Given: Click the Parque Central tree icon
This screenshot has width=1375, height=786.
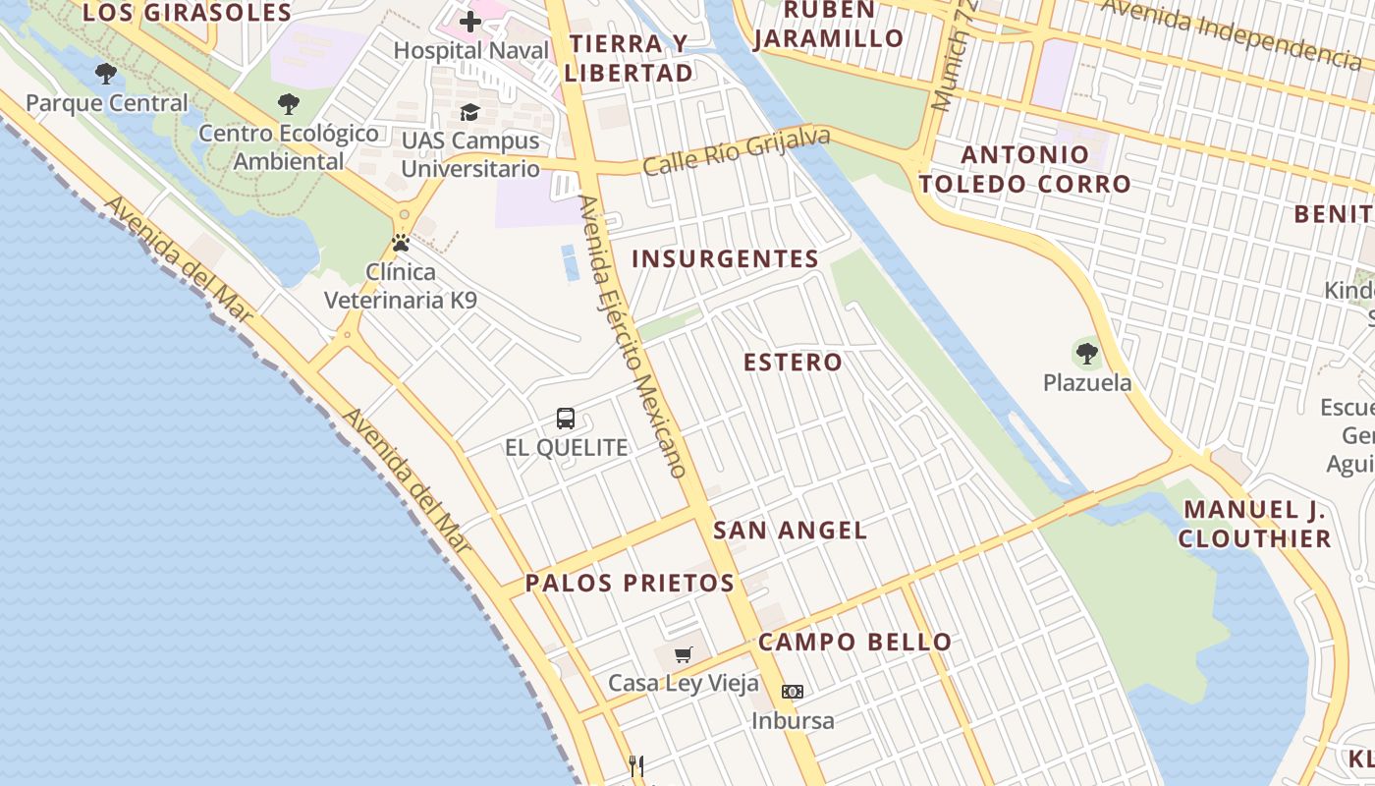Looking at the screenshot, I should [x=105, y=74].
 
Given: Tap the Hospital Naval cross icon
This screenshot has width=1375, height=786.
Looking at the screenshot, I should [x=470, y=21].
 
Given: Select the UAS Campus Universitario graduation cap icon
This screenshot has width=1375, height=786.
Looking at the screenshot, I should [x=470, y=112].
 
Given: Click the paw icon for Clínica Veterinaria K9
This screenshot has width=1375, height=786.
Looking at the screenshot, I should [x=401, y=243].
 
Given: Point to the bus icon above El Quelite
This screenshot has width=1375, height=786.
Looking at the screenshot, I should [x=566, y=419].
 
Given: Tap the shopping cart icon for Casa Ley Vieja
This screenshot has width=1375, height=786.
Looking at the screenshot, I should [x=684, y=654].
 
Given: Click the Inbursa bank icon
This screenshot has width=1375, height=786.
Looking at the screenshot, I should [x=793, y=692].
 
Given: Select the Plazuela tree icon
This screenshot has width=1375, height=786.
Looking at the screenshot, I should [x=1086, y=354].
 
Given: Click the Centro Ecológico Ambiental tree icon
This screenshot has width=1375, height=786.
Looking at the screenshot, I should [x=289, y=103].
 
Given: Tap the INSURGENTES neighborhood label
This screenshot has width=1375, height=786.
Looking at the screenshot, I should [x=725, y=258].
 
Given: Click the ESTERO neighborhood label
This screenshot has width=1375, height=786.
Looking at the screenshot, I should [x=793, y=362].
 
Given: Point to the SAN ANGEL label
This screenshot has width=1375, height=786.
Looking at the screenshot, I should [x=790, y=531].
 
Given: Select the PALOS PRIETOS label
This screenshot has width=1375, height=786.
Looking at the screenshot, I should [x=630, y=583].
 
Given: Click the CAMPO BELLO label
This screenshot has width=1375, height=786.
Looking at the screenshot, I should [x=854, y=643].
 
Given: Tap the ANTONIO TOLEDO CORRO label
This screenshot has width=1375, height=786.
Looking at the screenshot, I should [x=1025, y=169].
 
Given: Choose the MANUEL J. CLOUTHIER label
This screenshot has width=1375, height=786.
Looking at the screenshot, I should [x=1254, y=524].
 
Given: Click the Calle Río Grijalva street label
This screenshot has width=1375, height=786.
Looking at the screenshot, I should [x=737, y=152].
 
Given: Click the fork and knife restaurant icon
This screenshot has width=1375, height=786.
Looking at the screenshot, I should [x=636, y=766].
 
